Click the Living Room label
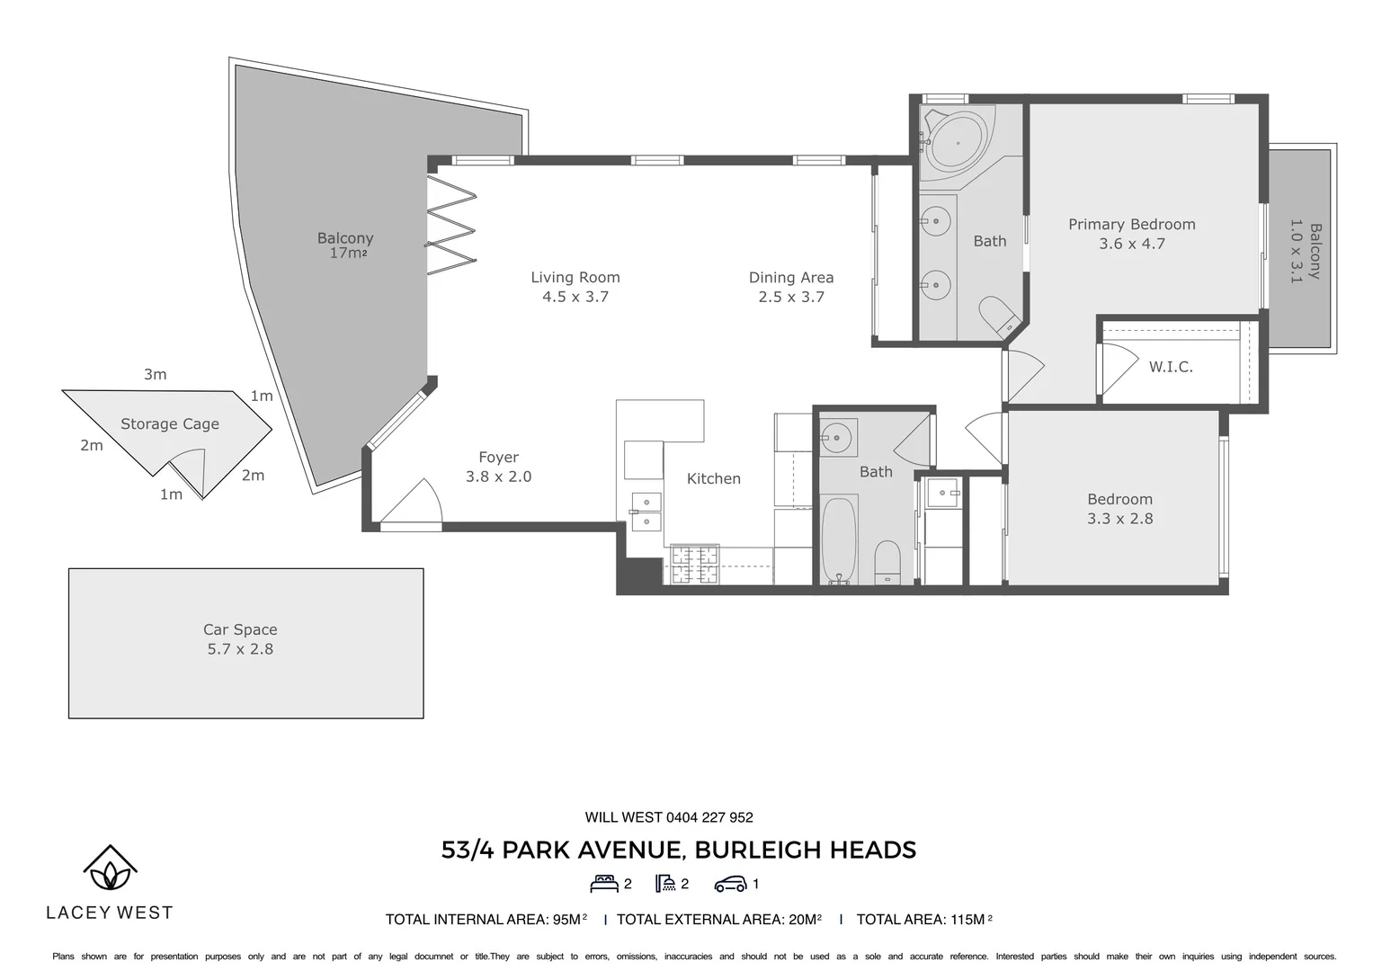coord(575,277)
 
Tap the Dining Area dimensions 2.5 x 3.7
coord(790,297)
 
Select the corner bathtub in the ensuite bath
coord(956,144)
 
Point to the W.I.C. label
coord(1170,367)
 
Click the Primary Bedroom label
coord(1131,225)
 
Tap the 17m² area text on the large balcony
coord(348,253)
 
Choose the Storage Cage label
coord(170,423)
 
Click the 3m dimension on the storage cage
coord(155,374)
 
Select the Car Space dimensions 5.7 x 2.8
coord(240,648)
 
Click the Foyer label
coord(498,458)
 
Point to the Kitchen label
coord(713,478)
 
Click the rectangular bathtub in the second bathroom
coord(839,540)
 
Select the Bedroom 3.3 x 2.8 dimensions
coord(1119,519)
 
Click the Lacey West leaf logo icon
coord(111,868)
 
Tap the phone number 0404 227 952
coord(709,817)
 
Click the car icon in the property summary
coord(731,884)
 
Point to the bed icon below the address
coord(603,884)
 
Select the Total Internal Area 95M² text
coord(486,920)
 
